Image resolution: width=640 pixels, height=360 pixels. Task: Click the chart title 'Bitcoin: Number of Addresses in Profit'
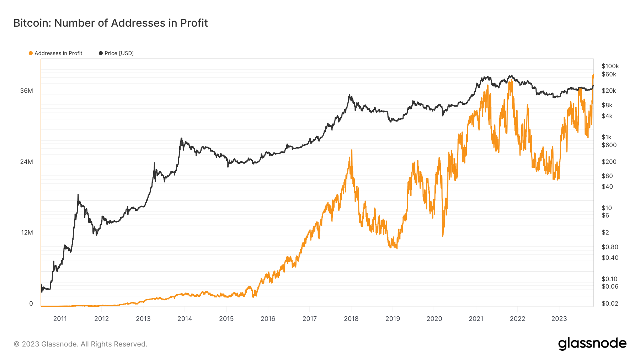click(x=111, y=23)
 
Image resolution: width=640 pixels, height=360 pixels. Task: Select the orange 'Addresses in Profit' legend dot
click(x=31, y=53)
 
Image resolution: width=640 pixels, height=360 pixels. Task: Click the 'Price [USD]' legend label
click(x=119, y=53)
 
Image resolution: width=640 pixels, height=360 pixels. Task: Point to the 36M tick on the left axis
click(x=27, y=91)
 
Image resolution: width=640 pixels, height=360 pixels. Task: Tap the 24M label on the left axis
click(x=27, y=162)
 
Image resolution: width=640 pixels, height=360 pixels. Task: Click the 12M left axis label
click(x=27, y=232)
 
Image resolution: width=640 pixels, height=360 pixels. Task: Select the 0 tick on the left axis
click(x=31, y=303)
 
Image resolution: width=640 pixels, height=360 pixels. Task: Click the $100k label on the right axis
click(x=610, y=66)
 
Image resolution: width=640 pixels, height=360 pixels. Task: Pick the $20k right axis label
click(x=609, y=91)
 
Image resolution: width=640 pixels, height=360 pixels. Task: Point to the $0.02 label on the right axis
click(x=610, y=303)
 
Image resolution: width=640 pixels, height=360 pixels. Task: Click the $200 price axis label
click(x=609, y=162)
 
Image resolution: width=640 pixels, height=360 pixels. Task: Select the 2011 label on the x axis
click(x=60, y=319)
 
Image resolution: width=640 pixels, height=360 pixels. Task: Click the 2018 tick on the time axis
click(x=351, y=319)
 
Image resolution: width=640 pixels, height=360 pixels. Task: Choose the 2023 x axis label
click(x=559, y=319)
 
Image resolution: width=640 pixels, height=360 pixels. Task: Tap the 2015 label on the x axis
click(x=226, y=319)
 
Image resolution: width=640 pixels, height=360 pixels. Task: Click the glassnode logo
click(x=592, y=344)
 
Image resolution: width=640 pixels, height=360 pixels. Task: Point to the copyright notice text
click(x=80, y=344)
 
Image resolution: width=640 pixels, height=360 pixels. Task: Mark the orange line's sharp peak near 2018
click(x=352, y=150)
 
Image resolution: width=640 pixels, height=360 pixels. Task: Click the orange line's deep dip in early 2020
click(x=443, y=236)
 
